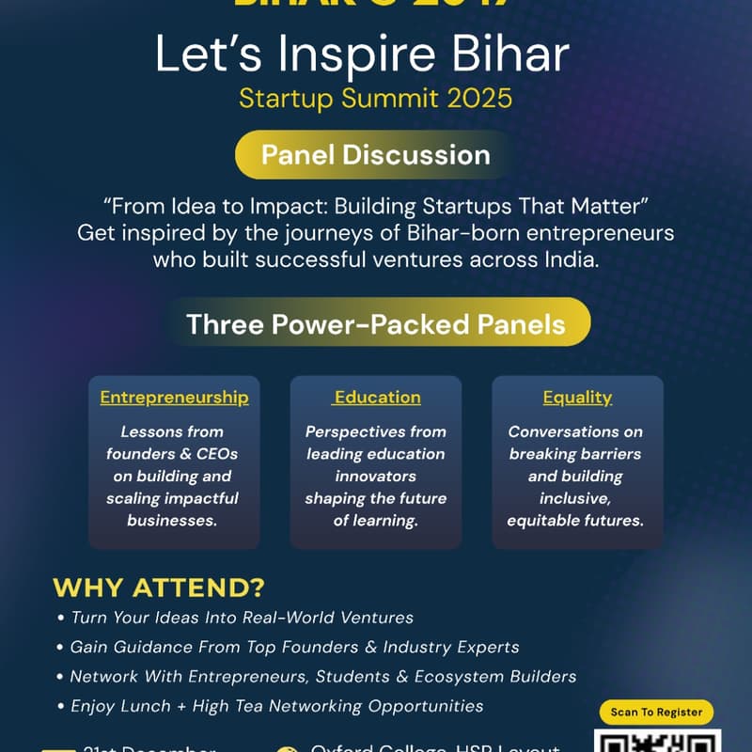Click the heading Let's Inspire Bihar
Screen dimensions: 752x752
(362, 56)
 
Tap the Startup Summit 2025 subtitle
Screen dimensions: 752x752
(375, 98)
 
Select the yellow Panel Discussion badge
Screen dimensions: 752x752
(375, 154)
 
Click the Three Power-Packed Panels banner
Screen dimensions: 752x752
(376, 324)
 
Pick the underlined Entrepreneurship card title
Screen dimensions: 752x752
(174, 398)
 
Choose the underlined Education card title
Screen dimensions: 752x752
(376, 398)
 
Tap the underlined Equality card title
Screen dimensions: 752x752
(577, 398)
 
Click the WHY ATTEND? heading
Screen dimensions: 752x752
(159, 588)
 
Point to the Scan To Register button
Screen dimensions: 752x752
(656, 713)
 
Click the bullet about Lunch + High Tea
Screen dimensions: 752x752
(277, 705)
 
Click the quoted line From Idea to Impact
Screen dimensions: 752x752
(375, 205)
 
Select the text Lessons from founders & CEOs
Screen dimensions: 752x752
(172, 443)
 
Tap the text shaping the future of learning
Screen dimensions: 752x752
(375, 509)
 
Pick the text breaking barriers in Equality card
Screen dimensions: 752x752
(575, 454)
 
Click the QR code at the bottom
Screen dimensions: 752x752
(658, 743)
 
